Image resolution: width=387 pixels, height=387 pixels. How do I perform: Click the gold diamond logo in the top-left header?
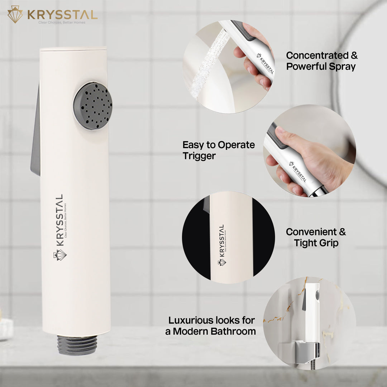pyautogui.click(x=15, y=14)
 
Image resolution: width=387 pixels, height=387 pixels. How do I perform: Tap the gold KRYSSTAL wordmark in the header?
pyautogui.click(x=62, y=15)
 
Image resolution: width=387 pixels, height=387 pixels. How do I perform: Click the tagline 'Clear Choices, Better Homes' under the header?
pyautogui.click(x=62, y=23)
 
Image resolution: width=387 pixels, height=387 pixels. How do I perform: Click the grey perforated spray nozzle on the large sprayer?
pyautogui.click(x=92, y=106)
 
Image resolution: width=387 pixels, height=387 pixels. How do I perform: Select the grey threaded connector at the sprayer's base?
pyautogui.click(x=77, y=345)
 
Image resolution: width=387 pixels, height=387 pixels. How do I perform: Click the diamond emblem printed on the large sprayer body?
pyautogui.click(x=60, y=255)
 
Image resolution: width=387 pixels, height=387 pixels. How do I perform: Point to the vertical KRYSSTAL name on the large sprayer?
pyautogui.click(x=59, y=220)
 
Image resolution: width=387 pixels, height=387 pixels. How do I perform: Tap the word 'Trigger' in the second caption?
pyautogui.click(x=199, y=156)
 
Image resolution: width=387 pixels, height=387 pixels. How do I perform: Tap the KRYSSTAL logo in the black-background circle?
pyautogui.click(x=222, y=245)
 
